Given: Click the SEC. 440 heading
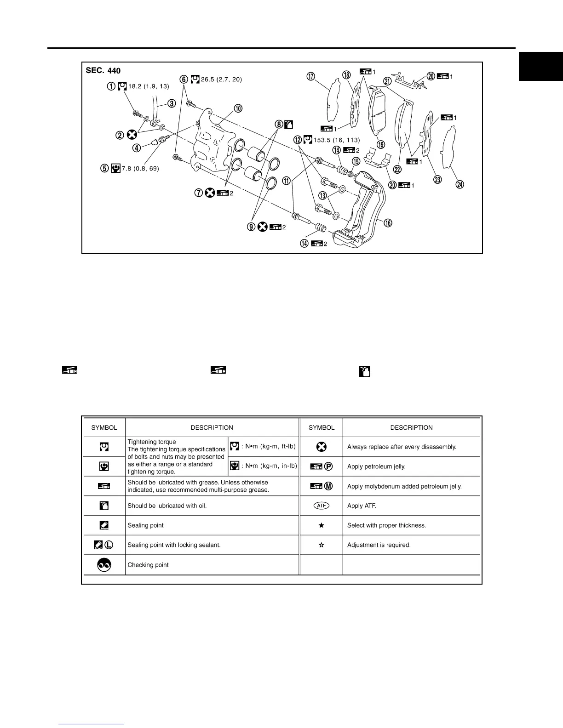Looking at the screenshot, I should pyautogui.click(x=103, y=71).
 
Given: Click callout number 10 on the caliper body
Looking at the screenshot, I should pyautogui.click(x=238, y=108).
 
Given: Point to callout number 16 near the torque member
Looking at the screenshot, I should pyautogui.click(x=388, y=223).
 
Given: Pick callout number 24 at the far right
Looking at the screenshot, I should pyautogui.click(x=460, y=184).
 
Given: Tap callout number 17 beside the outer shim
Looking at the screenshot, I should pyautogui.click(x=311, y=77).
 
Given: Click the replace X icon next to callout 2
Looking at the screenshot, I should pyautogui.click(x=132, y=135).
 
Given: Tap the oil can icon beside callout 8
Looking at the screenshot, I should pyautogui.click(x=289, y=124).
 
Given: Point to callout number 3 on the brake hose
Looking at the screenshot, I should pyautogui.click(x=171, y=103).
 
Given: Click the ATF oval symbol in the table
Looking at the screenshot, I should pyautogui.click(x=322, y=506).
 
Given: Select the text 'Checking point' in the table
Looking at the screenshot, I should pyautogui.click(x=148, y=565).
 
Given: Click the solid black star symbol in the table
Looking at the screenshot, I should pyautogui.click(x=322, y=525).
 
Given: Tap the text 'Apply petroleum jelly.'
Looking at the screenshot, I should pyautogui.click(x=376, y=466).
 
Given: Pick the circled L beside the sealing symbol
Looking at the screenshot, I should pyautogui.click(x=109, y=545).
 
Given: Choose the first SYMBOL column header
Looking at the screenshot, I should pyautogui.click(x=104, y=427).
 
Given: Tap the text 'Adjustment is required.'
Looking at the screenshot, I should pyautogui.click(x=379, y=545).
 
